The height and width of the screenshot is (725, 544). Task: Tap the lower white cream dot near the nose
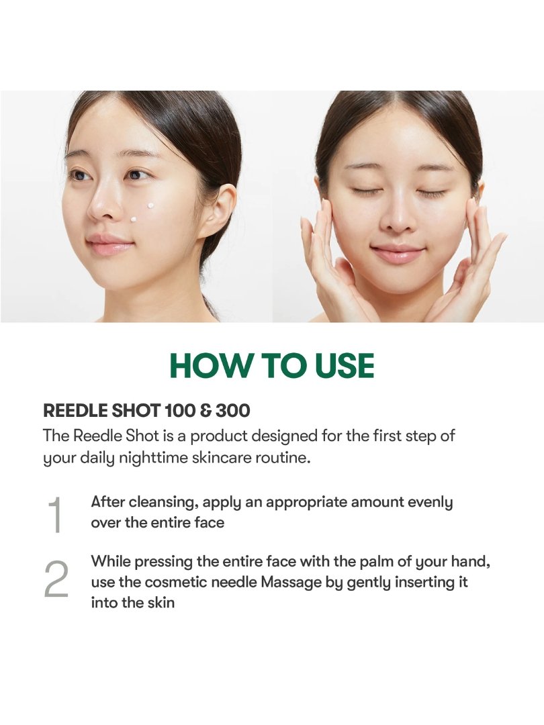pyautogui.click(x=133, y=220)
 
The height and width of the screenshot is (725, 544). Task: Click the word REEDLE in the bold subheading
pyautogui.click(x=75, y=410)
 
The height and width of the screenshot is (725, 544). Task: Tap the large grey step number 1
pyautogui.click(x=55, y=514)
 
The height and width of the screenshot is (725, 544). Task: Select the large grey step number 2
pyautogui.click(x=56, y=579)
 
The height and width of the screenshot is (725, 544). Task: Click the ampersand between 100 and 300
pyautogui.click(x=206, y=410)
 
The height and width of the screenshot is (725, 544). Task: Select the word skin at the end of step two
pyautogui.click(x=161, y=602)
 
